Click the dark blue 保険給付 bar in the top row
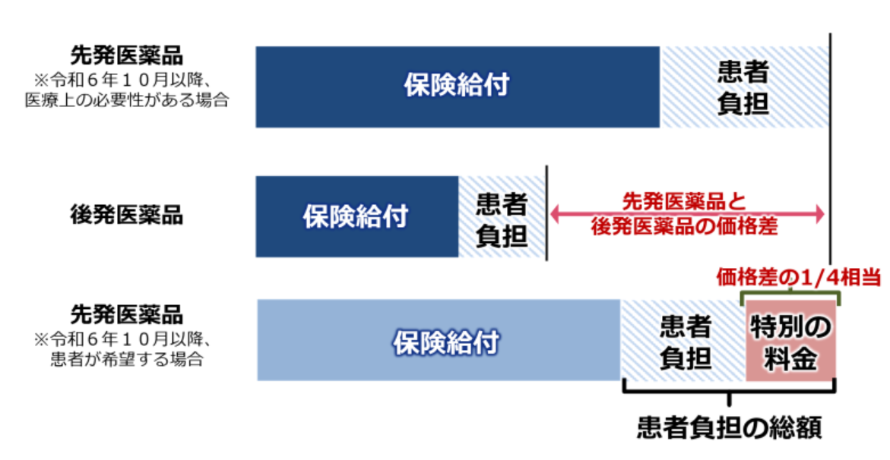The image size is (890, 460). coord(458,87)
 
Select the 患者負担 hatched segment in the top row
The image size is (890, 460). coord(744,87)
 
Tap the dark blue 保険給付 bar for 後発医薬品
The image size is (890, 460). coord(357,216)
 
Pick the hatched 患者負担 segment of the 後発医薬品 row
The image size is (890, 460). coord(502,216)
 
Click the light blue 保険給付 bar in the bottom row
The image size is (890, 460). coord(439,340)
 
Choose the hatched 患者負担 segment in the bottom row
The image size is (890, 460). coord(683,340)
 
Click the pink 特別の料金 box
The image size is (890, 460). coord(790,340)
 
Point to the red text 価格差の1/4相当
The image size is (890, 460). coord(797,277)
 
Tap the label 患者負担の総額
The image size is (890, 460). coord(730,427)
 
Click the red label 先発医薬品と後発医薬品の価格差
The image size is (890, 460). coord(684,214)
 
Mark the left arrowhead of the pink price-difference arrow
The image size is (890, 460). coord(555,214)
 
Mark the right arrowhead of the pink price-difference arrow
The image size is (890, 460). coord(819,214)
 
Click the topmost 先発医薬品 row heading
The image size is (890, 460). coord(127,55)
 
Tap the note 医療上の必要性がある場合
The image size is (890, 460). coord(127,100)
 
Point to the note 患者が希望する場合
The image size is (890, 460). coord(127,359)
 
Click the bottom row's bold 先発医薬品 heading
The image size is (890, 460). coord(127,314)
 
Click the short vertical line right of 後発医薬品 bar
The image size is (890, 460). coord(546,213)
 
